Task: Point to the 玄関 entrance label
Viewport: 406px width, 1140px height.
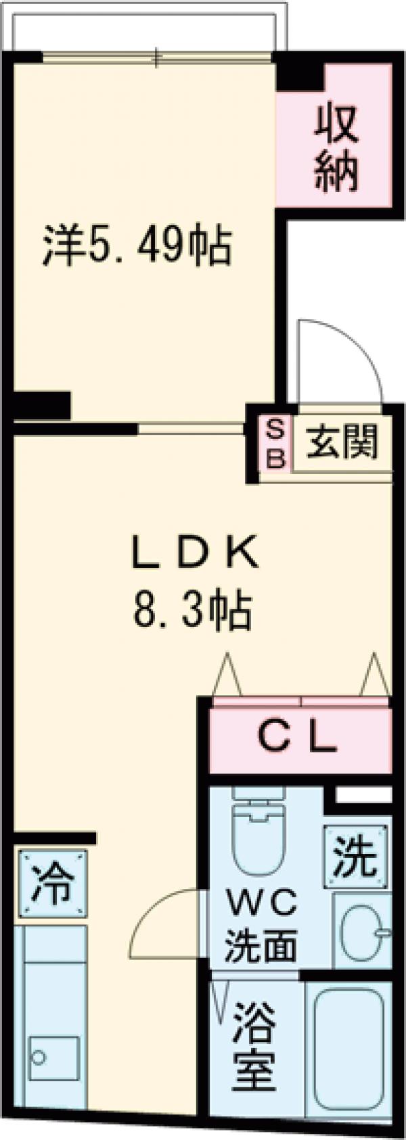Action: (342, 444)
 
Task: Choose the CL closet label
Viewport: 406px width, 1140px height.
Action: (298, 739)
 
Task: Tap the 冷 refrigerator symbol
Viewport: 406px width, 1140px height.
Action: (53, 884)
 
